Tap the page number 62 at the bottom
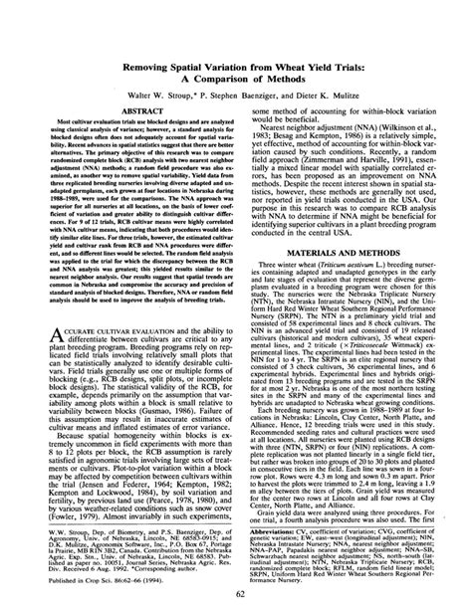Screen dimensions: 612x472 [x=236, y=597]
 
